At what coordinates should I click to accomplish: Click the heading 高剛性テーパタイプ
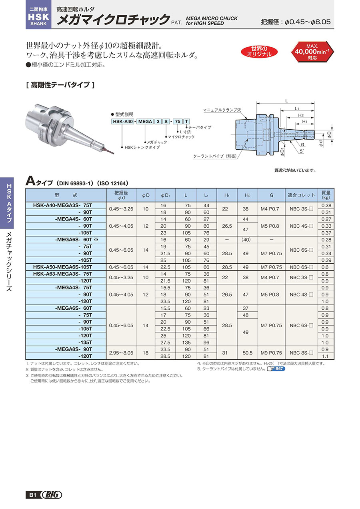coord(59,85)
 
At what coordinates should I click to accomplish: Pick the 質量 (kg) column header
coord(326,195)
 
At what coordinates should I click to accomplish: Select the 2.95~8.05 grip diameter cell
coord(122,353)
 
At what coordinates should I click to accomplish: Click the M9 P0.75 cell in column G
coord(272,353)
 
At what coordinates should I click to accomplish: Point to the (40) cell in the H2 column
coord(247,240)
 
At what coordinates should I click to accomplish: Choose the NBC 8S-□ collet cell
coord(301,353)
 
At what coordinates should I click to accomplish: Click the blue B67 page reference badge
coord(279,369)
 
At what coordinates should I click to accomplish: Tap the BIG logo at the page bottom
coord(51,495)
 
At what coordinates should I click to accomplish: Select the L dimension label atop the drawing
coord(286,102)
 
